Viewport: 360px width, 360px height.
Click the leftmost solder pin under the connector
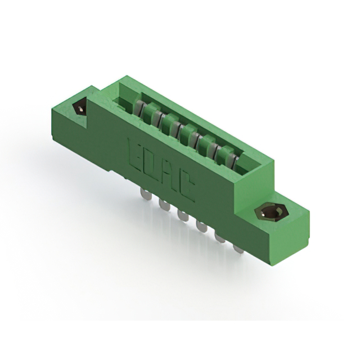(x=146, y=193)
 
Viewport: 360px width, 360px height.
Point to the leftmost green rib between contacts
(x=148, y=115)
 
